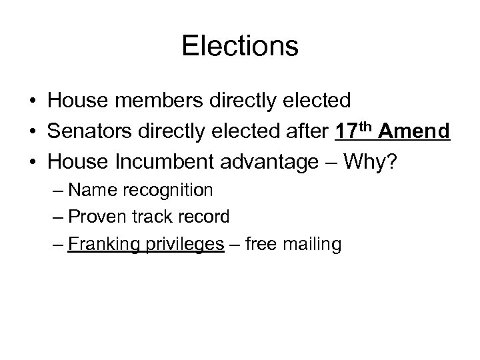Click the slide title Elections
coord(240,47)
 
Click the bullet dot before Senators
coord(32,132)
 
